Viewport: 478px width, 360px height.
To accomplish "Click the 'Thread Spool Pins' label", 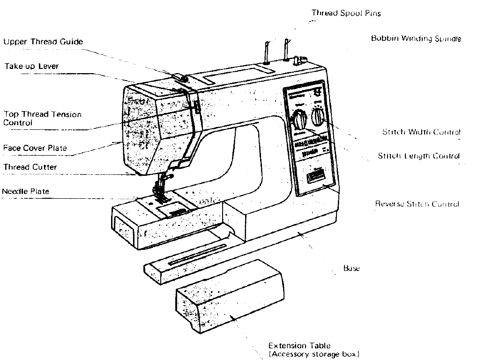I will point(346,13).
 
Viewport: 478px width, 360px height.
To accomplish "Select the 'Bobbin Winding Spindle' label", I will point(416,38).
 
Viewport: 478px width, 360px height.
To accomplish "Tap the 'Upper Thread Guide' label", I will point(44,42).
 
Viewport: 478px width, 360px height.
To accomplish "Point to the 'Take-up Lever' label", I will point(32,66).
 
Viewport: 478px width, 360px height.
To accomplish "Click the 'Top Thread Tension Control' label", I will point(43,118).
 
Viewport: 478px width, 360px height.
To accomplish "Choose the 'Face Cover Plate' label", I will point(35,148).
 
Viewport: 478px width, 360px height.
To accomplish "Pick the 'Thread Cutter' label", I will point(30,167).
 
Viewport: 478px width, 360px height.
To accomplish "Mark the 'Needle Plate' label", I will point(25,191).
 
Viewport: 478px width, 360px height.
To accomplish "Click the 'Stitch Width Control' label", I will point(421,132).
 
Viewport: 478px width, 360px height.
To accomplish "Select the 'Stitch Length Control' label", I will point(418,156).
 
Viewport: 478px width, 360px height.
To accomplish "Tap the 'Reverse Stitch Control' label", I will point(417,204).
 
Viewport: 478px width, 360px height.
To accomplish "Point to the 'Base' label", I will point(351,269).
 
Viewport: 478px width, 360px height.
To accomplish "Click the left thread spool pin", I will point(266,51).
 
